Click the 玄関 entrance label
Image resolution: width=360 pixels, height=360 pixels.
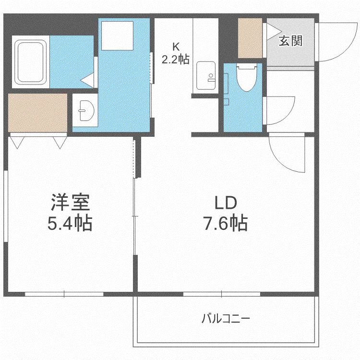(290, 41)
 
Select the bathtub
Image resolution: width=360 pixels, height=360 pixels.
(31, 62)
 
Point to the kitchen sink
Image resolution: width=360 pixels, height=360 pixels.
(206, 75)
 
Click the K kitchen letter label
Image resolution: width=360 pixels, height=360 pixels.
(176, 47)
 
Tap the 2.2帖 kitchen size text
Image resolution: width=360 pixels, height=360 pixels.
(176, 59)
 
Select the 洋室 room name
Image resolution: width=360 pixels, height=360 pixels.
(70, 203)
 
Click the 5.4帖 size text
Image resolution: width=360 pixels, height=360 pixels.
(70, 222)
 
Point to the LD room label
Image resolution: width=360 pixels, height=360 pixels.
(226, 203)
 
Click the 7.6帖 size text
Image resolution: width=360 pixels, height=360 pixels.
(226, 222)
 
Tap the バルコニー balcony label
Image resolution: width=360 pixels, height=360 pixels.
(226, 318)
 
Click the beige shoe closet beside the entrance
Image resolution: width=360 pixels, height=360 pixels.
(250, 38)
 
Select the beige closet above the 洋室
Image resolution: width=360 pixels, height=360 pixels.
(37, 113)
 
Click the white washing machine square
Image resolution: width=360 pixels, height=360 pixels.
(117, 36)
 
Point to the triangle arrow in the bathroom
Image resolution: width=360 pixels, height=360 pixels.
(87, 80)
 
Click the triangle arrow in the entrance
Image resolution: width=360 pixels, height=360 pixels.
(274, 31)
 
